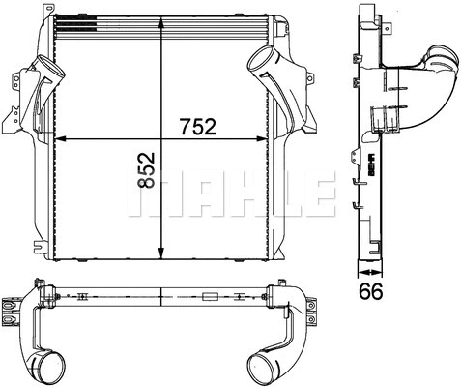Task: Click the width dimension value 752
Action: [x=195, y=127]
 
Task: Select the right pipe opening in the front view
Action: [x=261, y=64]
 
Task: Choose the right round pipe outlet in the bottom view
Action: [x=263, y=369]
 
